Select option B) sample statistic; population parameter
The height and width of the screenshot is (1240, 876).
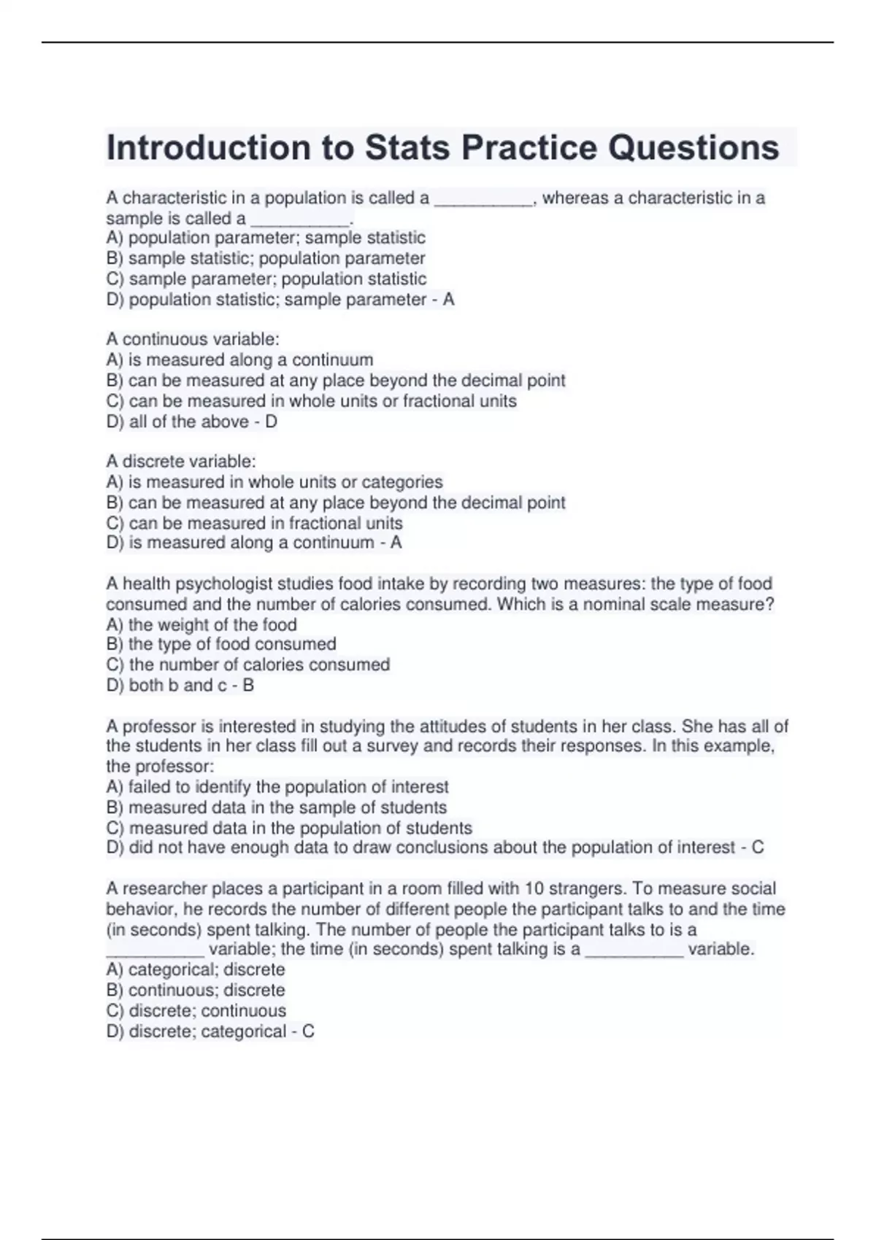pyautogui.click(x=266, y=258)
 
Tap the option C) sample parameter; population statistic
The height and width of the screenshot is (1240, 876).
pyautogui.click(x=266, y=279)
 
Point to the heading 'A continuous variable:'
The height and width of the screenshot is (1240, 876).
pyautogui.click(x=193, y=339)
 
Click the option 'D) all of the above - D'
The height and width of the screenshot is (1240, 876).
pyautogui.click(x=191, y=422)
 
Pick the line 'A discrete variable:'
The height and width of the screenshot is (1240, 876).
pyautogui.click(x=181, y=461)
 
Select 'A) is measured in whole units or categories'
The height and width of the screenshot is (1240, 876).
pyautogui.click(x=274, y=482)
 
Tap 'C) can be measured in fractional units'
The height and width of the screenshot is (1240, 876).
pyautogui.click(x=254, y=523)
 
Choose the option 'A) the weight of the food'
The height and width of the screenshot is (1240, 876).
pyautogui.click(x=201, y=624)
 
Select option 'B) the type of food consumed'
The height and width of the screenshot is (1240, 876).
pyautogui.click(x=221, y=644)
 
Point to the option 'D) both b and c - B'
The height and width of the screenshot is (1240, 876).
pyautogui.click(x=180, y=685)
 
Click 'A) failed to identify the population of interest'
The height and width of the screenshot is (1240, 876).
pyautogui.click(x=277, y=787)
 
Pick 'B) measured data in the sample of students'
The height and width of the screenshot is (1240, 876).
pyautogui.click(x=276, y=807)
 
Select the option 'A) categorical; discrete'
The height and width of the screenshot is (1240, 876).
pyautogui.click(x=196, y=969)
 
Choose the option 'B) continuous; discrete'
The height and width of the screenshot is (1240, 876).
pyautogui.click(x=196, y=990)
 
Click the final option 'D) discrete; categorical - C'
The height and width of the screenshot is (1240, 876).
pyautogui.click(x=210, y=1031)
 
